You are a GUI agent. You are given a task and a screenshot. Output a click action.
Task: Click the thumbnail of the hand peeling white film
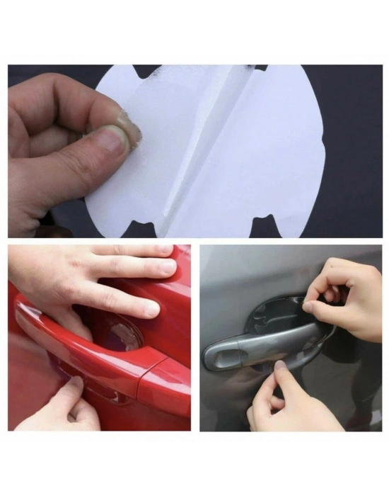click(x=110, y=139)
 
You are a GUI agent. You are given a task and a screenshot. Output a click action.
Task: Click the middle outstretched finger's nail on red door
click(x=167, y=267)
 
